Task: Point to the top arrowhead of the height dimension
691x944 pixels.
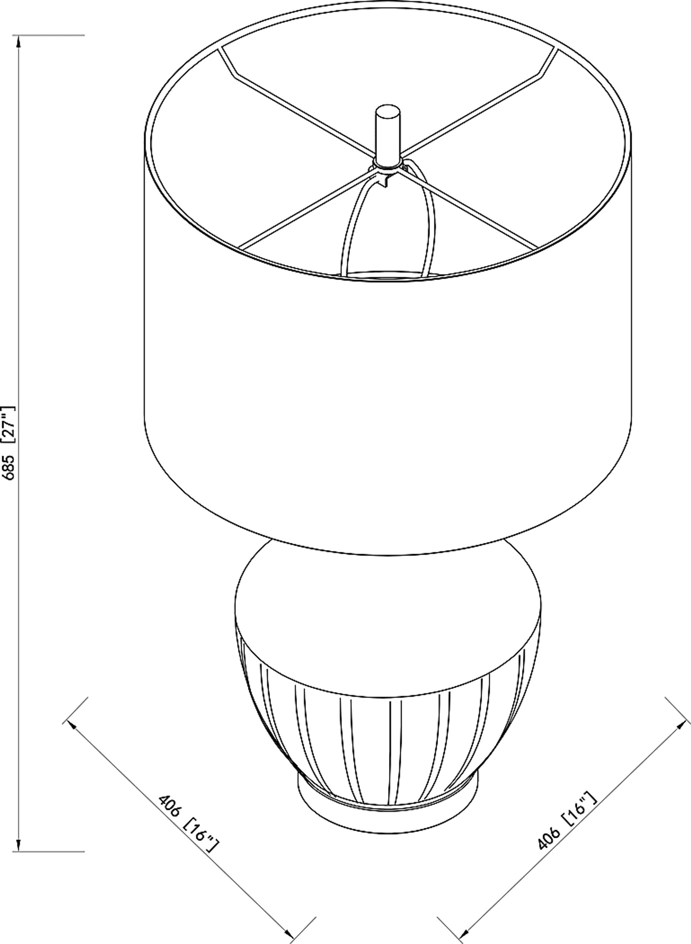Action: click(19, 42)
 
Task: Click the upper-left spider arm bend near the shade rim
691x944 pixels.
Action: click(232, 75)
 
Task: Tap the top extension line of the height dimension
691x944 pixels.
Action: click(50, 35)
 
